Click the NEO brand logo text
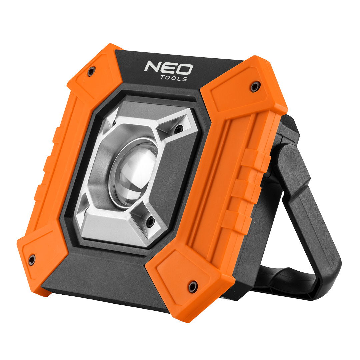pos(168,68)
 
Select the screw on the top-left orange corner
pos(91,71)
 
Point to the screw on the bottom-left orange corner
pos(32,259)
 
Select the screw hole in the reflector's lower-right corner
pos(151,221)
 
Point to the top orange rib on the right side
pos(255,160)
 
